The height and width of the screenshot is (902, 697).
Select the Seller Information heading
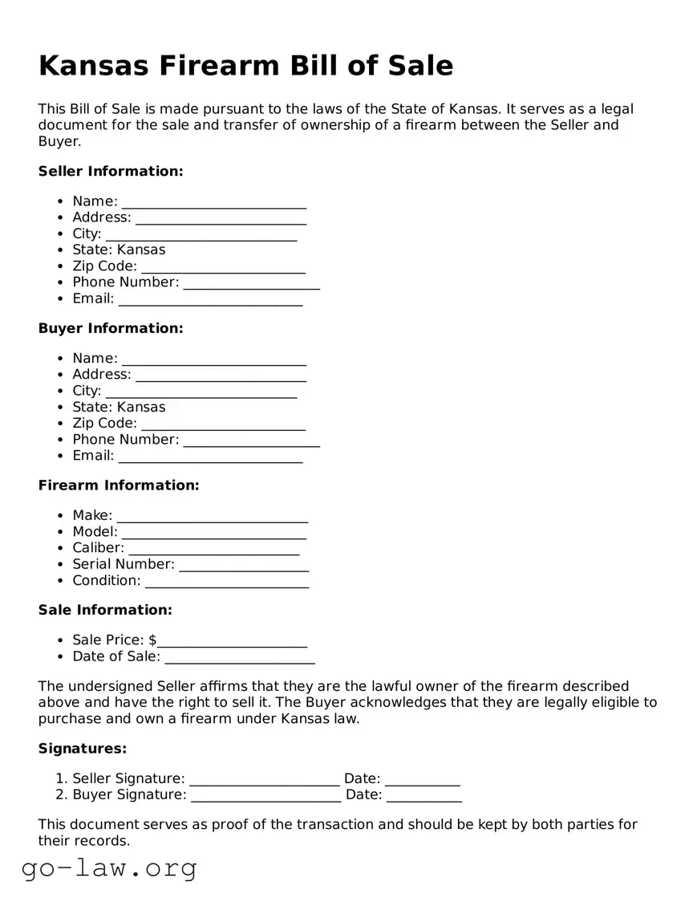[111, 171]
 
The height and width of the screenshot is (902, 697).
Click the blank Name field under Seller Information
[213, 202]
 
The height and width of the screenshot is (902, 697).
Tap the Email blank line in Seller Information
[210, 300]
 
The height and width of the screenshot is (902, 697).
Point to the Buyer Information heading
[111, 328]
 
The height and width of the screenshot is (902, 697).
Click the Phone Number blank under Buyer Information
[251, 441]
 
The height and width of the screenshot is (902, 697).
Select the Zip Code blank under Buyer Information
[222, 425]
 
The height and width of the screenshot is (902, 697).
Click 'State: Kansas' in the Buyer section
[119, 407]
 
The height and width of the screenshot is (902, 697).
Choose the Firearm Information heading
[119, 486]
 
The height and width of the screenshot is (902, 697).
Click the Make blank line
[212, 517]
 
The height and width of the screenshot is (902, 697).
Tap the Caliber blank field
[213, 549]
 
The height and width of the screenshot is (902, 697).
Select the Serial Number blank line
[244, 565]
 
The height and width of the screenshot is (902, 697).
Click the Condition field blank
[226, 582]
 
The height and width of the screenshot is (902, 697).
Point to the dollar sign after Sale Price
[152, 640]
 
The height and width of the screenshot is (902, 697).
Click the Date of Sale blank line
[239, 658]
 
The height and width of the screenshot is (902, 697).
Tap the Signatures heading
[83, 749]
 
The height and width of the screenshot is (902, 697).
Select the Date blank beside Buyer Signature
[423, 796]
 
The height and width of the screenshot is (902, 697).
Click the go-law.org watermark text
[109, 867]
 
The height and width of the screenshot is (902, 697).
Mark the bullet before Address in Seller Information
[61, 218]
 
